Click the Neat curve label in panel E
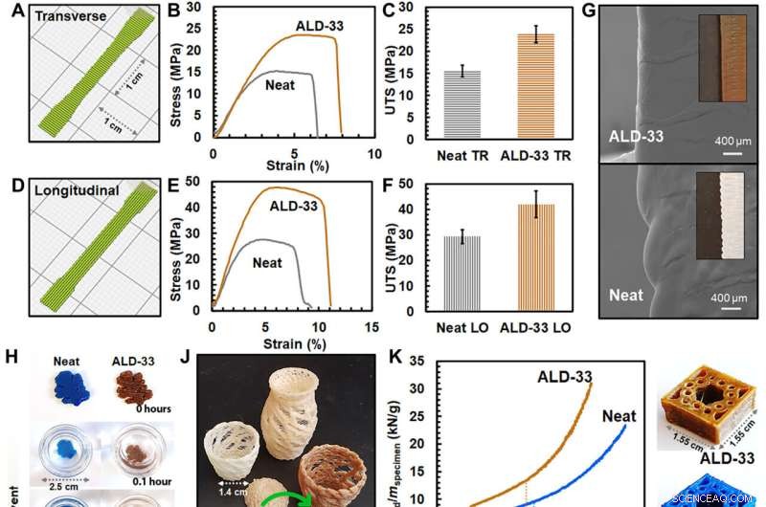click(273, 260)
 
